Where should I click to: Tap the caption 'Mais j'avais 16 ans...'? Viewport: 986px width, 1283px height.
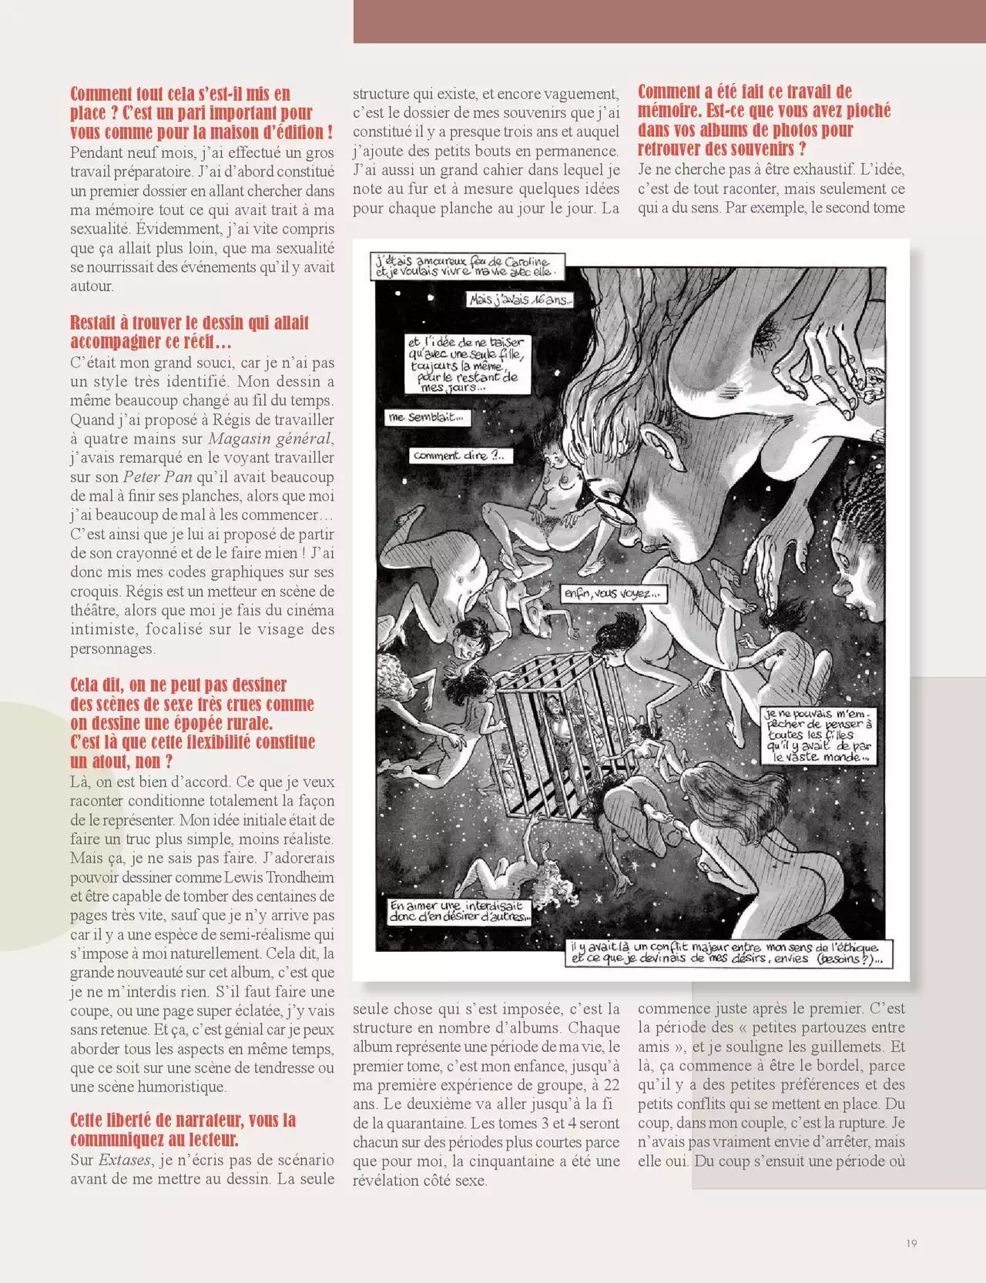[x=520, y=300]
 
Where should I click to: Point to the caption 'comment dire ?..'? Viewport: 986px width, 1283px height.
[x=459, y=455]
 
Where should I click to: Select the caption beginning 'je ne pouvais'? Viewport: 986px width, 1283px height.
[x=819, y=735]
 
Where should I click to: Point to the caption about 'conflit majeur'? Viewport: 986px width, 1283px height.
[x=724, y=953]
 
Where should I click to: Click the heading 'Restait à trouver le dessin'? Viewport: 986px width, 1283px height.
[x=189, y=332]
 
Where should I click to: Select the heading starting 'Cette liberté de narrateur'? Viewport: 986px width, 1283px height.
[x=183, y=1130]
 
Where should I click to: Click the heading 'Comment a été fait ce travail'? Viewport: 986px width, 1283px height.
[x=764, y=120]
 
